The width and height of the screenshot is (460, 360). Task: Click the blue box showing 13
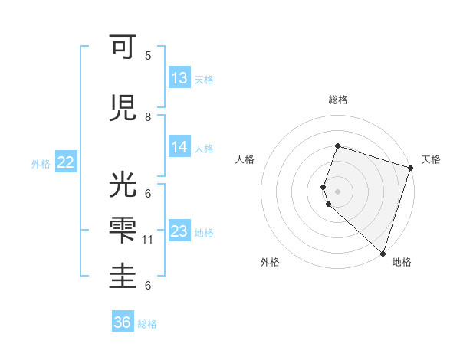pyautogui.click(x=179, y=77)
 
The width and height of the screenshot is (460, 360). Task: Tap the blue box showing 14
pyautogui.click(x=179, y=147)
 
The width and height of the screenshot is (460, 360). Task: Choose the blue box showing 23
pyautogui.click(x=179, y=231)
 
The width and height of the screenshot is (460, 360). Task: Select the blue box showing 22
pyautogui.click(x=66, y=162)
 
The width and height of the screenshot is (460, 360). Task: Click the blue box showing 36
pyautogui.click(x=123, y=322)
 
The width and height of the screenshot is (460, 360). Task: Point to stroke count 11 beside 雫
pyautogui.click(x=148, y=240)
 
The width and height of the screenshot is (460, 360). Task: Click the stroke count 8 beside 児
pyautogui.click(x=148, y=117)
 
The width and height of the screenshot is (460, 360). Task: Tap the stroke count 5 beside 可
pyautogui.click(x=148, y=56)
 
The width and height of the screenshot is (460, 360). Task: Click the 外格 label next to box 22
pyautogui.click(x=41, y=163)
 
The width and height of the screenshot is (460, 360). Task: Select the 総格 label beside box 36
pyautogui.click(x=147, y=324)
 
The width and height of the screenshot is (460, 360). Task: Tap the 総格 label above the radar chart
pyautogui.click(x=337, y=100)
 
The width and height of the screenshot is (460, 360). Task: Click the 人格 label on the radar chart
pyautogui.click(x=245, y=159)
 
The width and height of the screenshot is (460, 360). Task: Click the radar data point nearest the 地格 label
pyautogui.click(x=383, y=253)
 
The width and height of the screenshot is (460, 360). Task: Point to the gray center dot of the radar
pyautogui.click(x=337, y=191)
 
